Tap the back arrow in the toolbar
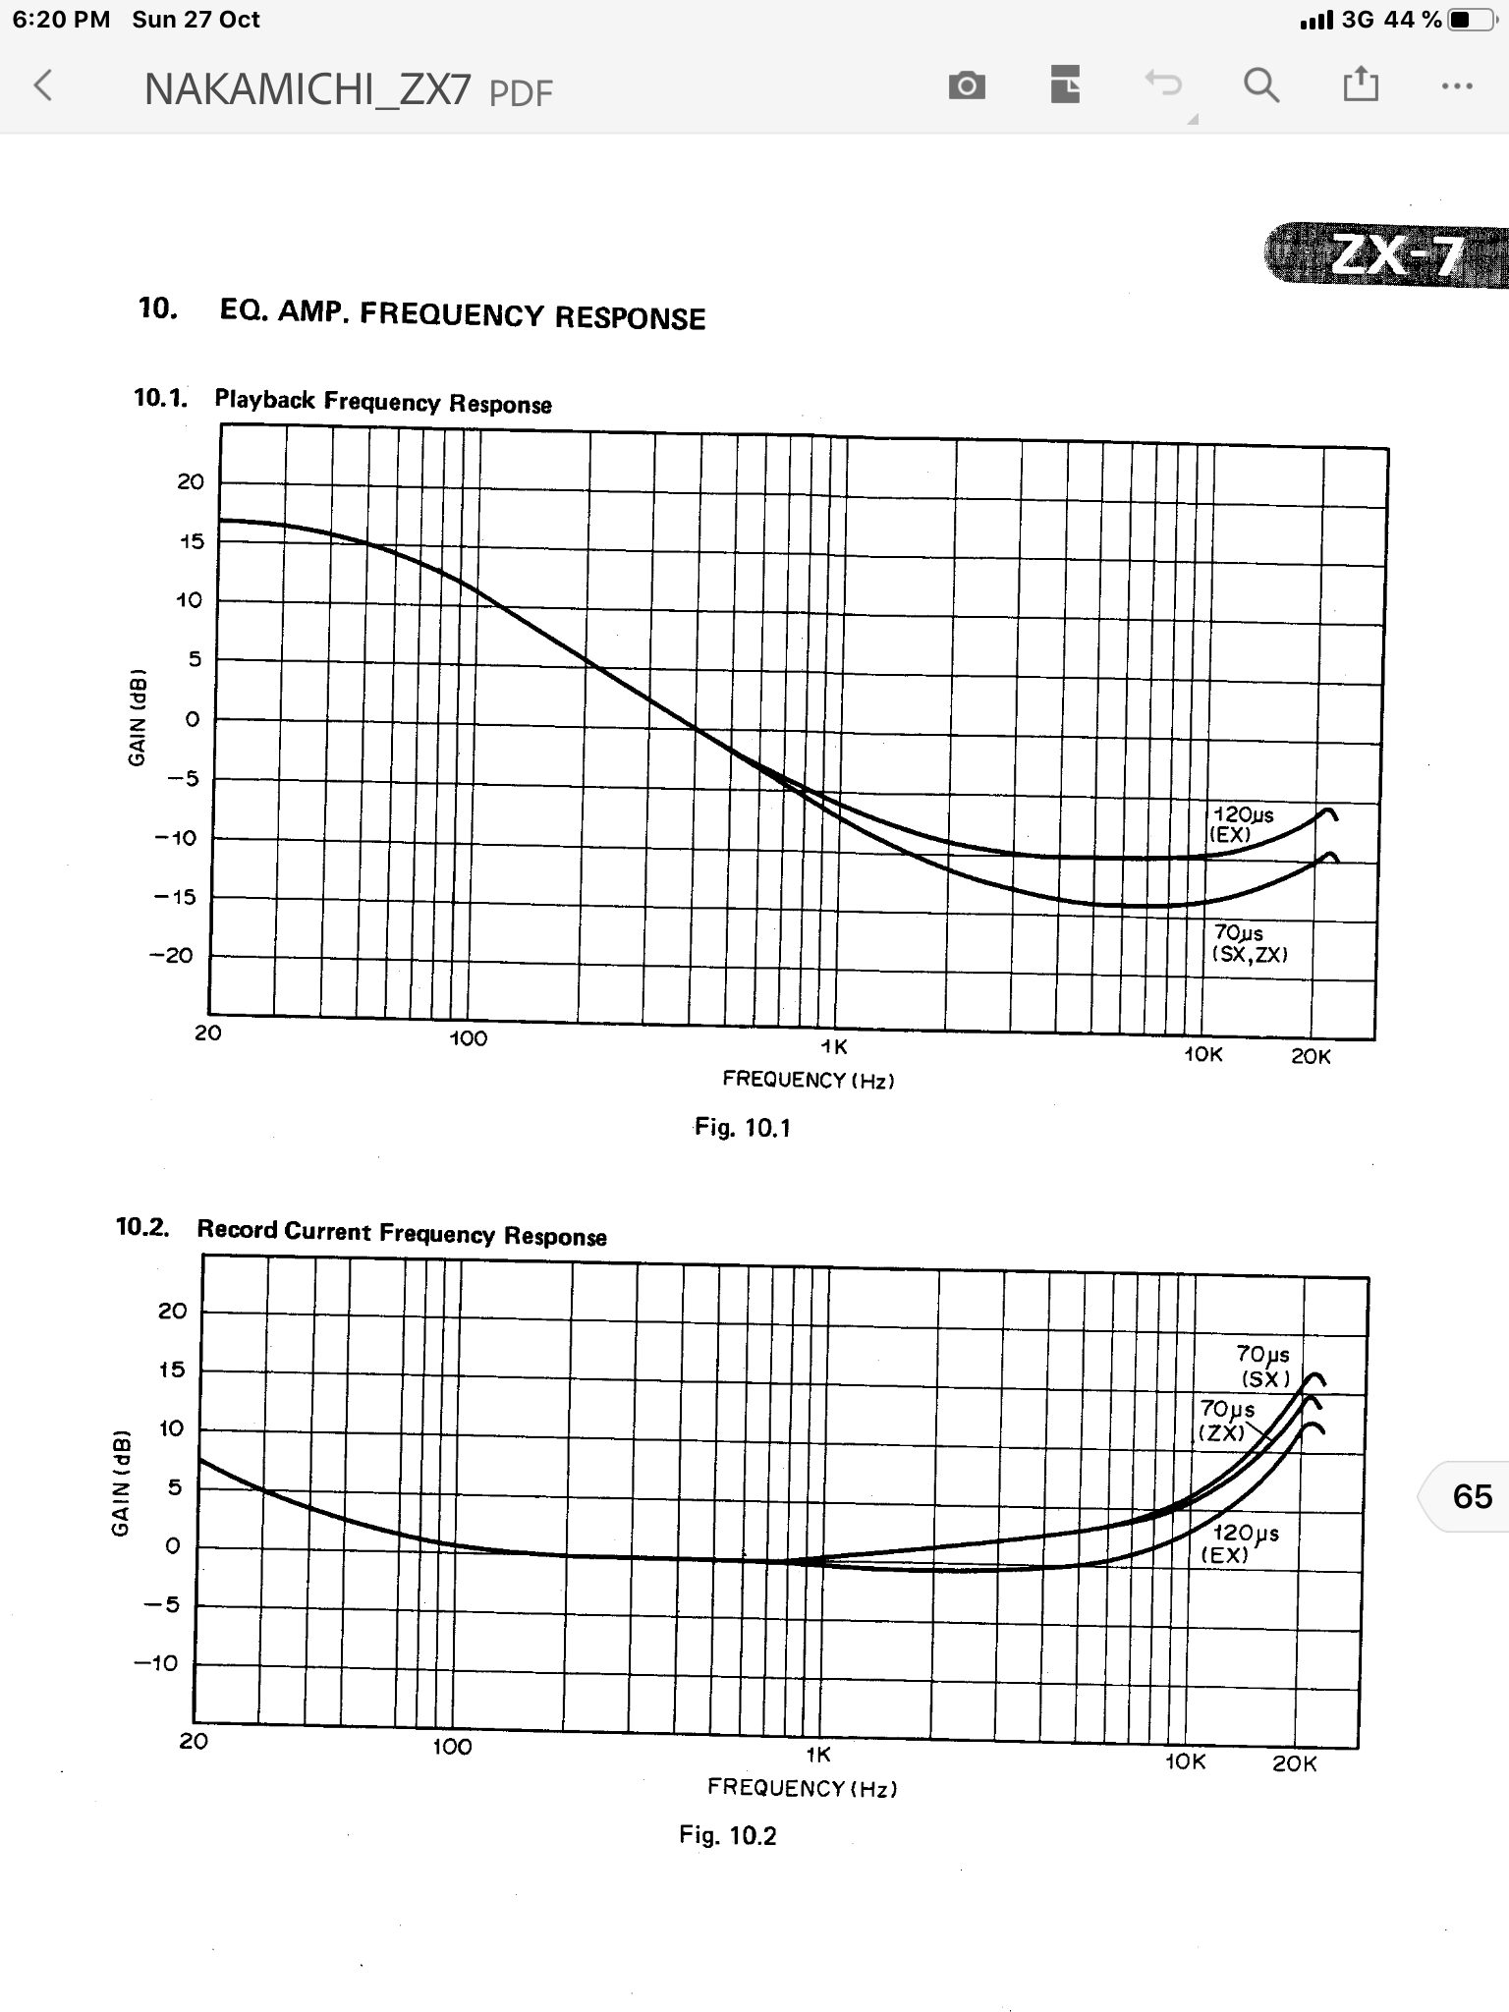click(x=43, y=86)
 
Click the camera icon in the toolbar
click(x=967, y=86)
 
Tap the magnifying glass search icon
click(x=1261, y=86)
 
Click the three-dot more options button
click(x=1457, y=86)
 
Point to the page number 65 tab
click(x=1471, y=1496)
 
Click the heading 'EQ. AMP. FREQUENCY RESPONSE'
click(x=462, y=314)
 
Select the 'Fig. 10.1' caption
click(x=742, y=1127)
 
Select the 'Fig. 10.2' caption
click(x=727, y=1835)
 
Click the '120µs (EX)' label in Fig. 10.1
click(x=1243, y=824)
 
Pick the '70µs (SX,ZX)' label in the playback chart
click(x=1249, y=943)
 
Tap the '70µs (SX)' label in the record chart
click(x=1264, y=1366)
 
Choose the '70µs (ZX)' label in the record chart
click(x=1226, y=1421)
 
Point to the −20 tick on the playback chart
click(x=172, y=956)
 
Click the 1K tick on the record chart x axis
click(x=817, y=1755)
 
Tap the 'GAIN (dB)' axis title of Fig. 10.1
click(x=138, y=717)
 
